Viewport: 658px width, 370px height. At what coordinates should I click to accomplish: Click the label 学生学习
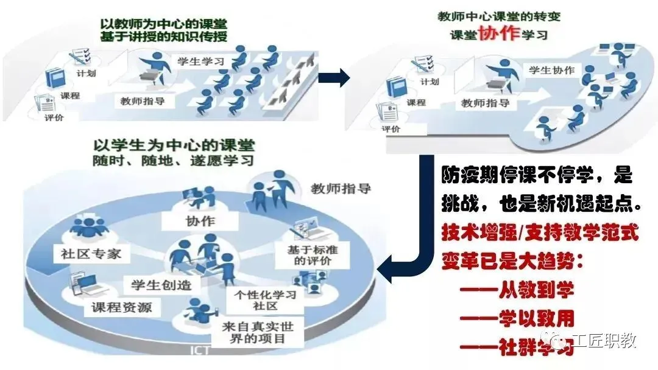[x=200, y=61]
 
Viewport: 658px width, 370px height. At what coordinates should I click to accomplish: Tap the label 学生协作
[x=551, y=70]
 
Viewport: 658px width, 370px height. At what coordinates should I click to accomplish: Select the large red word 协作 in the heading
[x=499, y=33]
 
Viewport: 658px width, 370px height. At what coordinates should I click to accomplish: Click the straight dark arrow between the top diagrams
[x=334, y=77]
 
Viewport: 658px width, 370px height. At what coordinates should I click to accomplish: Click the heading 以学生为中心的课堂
[x=174, y=145]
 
